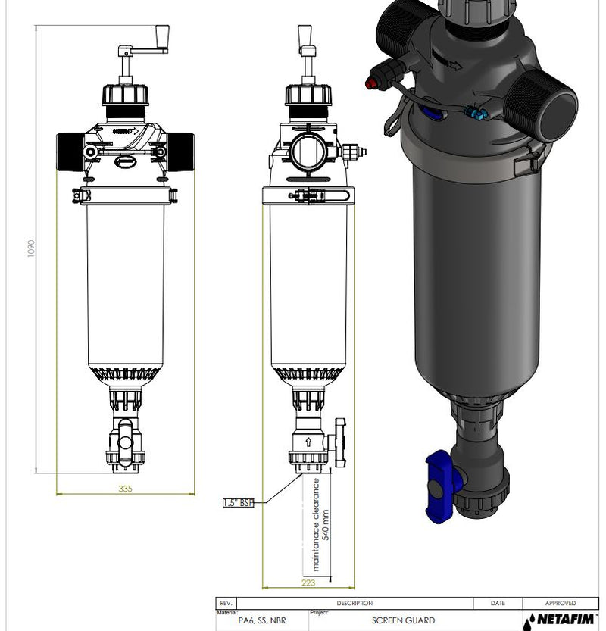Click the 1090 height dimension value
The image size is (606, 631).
(31, 248)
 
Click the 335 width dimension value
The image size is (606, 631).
(125, 489)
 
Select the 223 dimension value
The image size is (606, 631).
(308, 583)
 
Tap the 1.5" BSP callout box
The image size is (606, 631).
(239, 503)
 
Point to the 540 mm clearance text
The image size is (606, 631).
(326, 525)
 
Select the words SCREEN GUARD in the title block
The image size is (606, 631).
(403, 620)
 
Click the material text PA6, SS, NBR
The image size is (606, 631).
(262, 620)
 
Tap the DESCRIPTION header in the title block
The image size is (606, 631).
(355, 603)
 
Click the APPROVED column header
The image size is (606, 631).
(561, 603)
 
